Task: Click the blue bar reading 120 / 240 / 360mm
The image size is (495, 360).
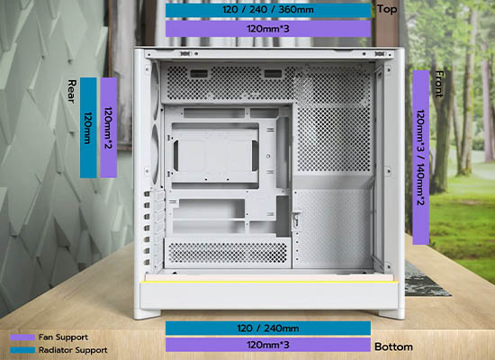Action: [268, 10]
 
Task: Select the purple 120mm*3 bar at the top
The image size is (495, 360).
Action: [268, 29]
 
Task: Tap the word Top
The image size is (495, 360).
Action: [387, 10]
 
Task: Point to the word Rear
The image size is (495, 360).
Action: [72, 91]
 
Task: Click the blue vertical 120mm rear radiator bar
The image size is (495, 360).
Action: [88, 128]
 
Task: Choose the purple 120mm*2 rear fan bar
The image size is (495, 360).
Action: [109, 128]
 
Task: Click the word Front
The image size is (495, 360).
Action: [439, 84]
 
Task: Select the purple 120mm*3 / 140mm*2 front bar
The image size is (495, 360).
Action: [421, 157]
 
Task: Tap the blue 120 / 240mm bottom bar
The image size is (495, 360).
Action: [268, 328]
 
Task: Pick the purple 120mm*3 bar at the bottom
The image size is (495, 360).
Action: [268, 345]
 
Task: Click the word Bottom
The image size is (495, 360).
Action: [393, 346]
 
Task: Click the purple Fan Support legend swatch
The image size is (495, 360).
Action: [22, 337]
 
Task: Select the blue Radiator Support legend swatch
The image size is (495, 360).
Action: [22, 350]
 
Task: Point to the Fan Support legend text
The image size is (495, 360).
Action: [63, 337]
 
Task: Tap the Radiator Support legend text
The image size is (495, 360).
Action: [73, 350]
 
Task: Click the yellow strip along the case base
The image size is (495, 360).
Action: [268, 282]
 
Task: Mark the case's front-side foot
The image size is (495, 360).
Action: [391, 314]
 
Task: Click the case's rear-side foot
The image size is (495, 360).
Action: [147, 314]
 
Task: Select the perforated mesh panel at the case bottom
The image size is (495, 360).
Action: [228, 253]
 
